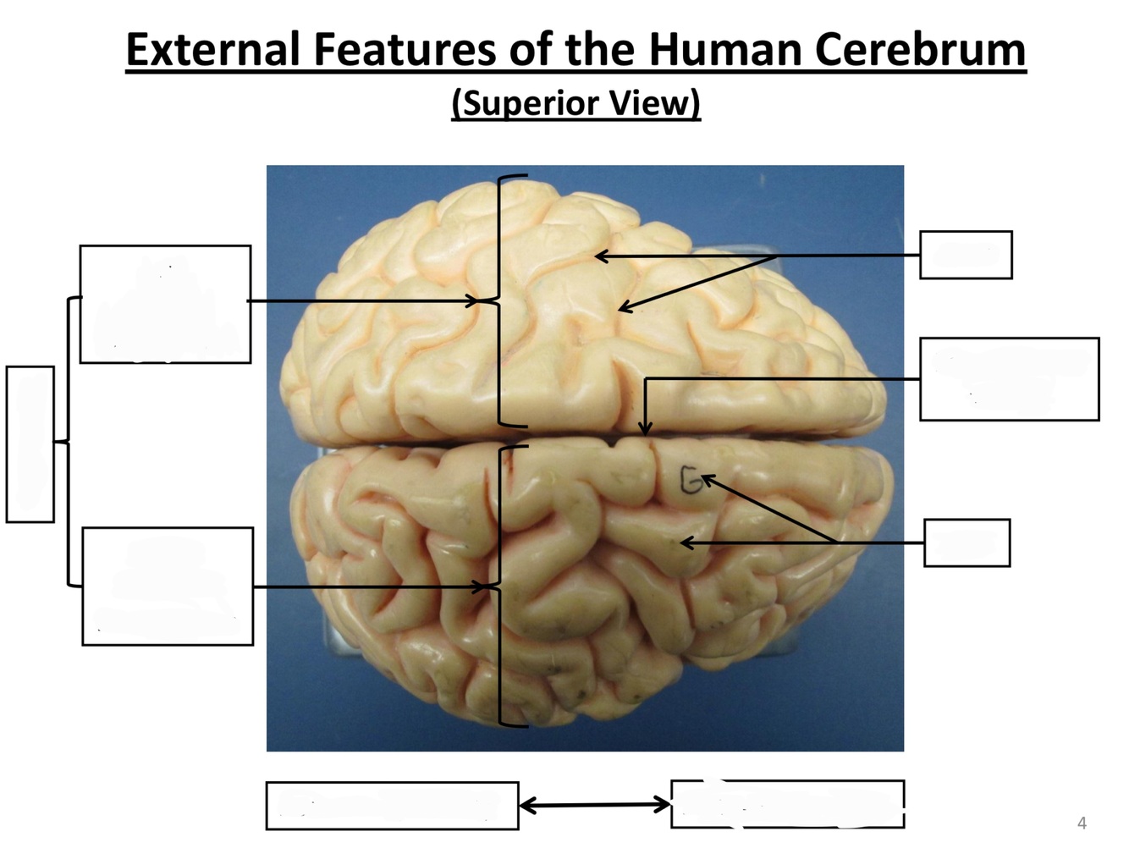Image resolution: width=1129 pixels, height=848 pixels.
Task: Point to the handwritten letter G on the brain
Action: point(691,482)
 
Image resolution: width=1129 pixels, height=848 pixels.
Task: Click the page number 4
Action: point(1082,823)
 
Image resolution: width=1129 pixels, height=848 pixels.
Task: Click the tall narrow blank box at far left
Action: point(30,444)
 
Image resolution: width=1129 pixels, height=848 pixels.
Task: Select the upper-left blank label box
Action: point(165,305)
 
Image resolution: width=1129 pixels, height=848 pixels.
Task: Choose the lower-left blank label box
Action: point(168,586)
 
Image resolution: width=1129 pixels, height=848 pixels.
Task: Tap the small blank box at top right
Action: point(966,255)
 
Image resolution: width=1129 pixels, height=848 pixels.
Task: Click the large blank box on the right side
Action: point(1009,379)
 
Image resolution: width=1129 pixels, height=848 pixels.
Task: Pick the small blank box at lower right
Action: point(967,542)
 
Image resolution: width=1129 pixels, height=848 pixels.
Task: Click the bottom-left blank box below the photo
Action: point(392,806)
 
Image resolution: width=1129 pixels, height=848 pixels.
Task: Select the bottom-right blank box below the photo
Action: point(787,804)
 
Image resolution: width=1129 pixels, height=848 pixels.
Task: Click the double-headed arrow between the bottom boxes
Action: point(594,805)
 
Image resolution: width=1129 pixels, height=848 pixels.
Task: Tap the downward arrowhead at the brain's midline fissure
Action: point(645,429)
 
